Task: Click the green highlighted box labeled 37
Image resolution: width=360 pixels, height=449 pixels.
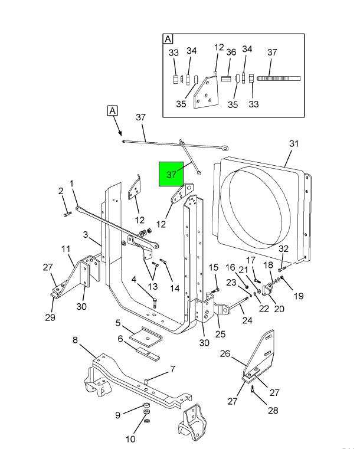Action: [x=171, y=174]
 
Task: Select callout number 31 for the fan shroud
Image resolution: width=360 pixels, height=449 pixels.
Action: [x=294, y=143]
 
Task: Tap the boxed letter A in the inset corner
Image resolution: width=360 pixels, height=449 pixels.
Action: [x=168, y=39]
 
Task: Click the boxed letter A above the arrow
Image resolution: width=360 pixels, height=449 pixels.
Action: [x=112, y=110]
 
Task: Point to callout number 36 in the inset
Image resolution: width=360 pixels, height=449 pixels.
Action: [x=231, y=52]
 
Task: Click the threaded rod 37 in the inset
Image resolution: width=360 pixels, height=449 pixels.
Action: [x=279, y=78]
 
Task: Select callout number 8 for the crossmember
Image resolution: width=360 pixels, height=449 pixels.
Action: [x=75, y=340]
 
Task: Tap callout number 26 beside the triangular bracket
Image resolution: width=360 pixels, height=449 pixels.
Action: [x=225, y=353]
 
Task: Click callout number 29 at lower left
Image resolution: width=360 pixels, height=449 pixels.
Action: [x=50, y=317]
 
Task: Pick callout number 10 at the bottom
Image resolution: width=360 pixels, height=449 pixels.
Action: [x=130, y=439]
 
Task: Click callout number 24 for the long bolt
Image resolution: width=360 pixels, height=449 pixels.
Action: [x=247, y=320]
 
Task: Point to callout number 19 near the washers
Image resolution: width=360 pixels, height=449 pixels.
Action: [x=299, y=296]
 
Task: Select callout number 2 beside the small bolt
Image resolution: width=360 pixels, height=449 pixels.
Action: [x=61, y=191]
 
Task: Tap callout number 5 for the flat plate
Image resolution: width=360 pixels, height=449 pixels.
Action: [x=118, y=323]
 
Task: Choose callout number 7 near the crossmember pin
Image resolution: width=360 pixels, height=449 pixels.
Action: [x=173, y=369]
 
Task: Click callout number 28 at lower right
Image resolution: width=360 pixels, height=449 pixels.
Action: [x=273, y=410]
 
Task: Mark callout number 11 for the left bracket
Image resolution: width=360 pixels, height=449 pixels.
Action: [x=66, y=248]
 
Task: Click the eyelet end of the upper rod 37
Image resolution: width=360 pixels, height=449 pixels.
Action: [x=225, y=148]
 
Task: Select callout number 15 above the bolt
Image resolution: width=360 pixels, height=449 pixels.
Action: [x=214, y=267]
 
